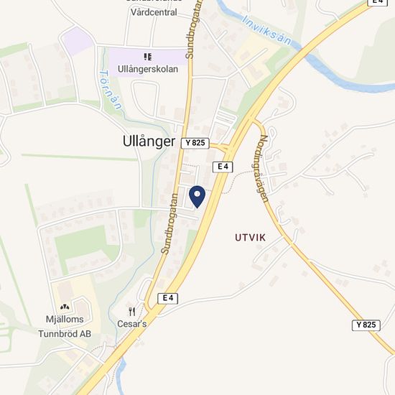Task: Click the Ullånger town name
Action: tap(144, 142)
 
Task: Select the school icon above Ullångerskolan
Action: tap(147, 56)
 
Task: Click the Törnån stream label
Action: tap(109, 92)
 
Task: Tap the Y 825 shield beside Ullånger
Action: tap(195, 143)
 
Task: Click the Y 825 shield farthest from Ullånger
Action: tap(366, 325)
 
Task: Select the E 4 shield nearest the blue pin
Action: tap(225, 167)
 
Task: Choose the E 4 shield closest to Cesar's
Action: tap(168, 297)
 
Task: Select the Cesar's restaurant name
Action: tap(132, 324)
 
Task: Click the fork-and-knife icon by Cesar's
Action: tap(132, 311)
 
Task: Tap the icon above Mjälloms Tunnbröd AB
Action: tap(65, 307)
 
